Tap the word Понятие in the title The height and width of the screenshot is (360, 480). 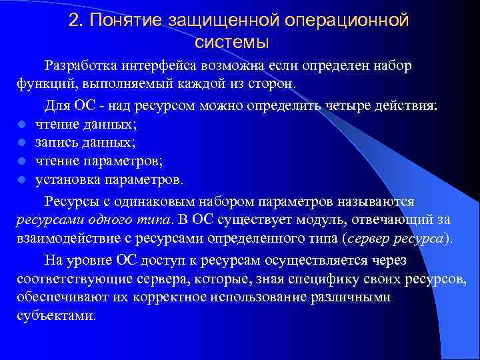tap(123, 21)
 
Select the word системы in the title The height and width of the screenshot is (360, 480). tap(233, 43)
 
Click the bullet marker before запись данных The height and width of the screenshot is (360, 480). tap(21, 143)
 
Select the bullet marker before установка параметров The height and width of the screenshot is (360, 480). tap(21, 180)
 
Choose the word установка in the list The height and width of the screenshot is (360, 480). tap(65, 179)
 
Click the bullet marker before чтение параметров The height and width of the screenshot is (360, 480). tap(21, 161)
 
